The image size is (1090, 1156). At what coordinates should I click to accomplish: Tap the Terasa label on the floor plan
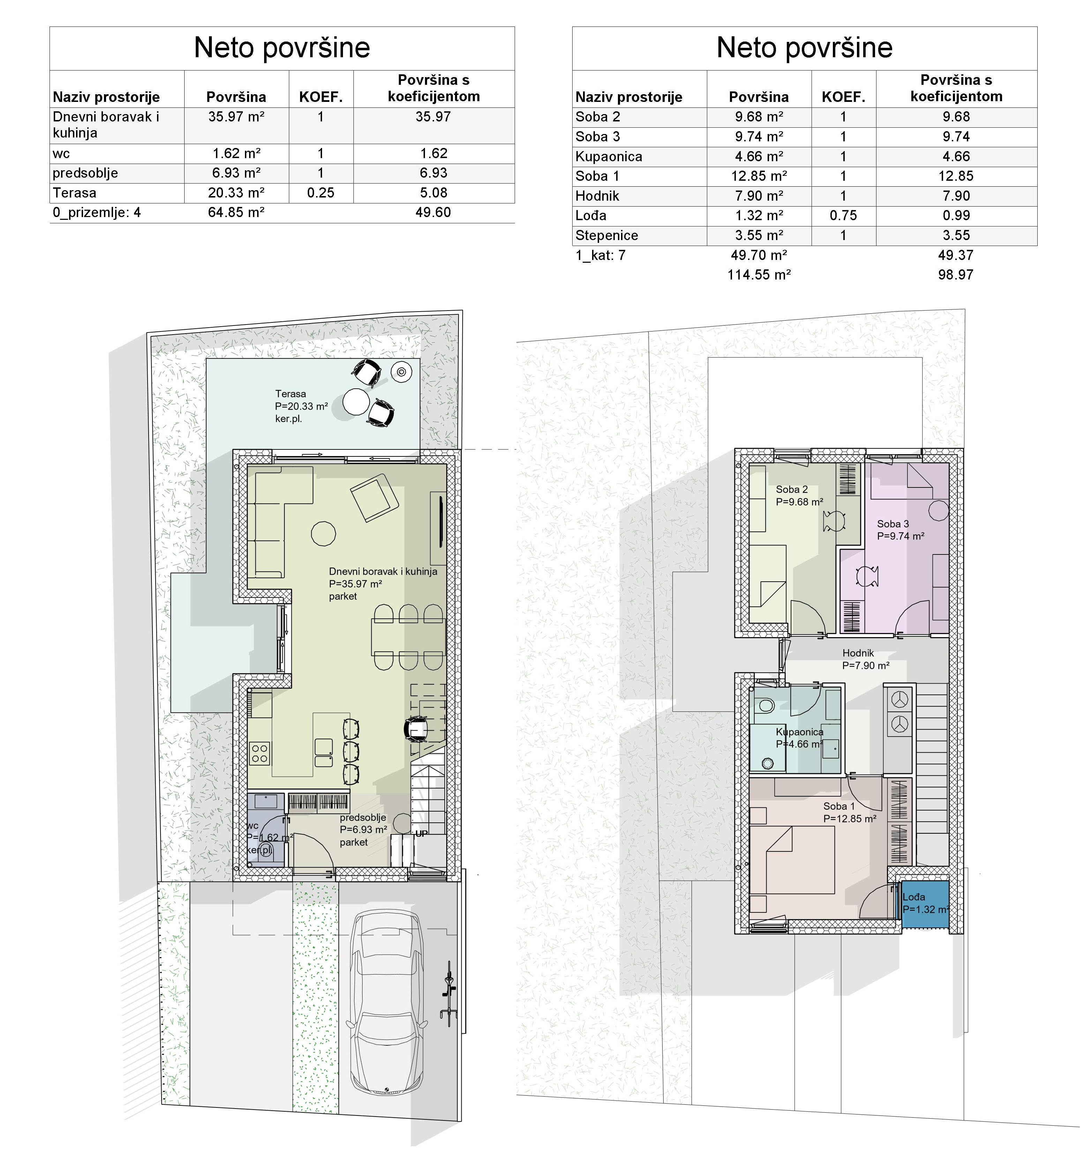point(291,394)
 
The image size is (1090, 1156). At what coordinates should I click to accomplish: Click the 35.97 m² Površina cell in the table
point(237,117)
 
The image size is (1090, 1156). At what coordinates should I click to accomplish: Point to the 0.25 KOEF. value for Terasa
point(321,193)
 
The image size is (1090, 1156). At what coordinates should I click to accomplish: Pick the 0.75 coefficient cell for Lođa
point(844,216)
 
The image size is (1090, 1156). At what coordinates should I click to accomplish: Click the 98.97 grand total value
point(956,275)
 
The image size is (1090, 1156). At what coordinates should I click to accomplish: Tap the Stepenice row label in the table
point(607,236)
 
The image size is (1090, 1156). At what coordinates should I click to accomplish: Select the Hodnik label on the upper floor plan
point(858,653)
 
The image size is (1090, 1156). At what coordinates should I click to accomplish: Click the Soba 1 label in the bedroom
point(839,806)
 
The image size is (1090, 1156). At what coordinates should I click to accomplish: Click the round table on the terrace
point(356,402)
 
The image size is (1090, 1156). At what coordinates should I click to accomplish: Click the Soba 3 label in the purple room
point(893,524)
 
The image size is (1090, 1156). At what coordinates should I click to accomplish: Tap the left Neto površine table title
point(282,48)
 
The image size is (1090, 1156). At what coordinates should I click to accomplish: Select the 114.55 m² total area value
point(759,275)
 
